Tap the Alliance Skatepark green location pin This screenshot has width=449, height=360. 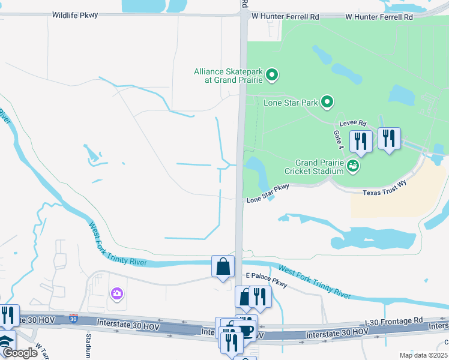272,75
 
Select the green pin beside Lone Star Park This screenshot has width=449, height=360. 327,102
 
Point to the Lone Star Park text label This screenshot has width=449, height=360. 291,103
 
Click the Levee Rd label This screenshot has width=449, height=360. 354,122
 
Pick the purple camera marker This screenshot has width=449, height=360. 116,293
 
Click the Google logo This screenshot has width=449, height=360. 20,353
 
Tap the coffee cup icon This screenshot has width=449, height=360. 246,330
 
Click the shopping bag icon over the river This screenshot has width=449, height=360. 223,266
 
